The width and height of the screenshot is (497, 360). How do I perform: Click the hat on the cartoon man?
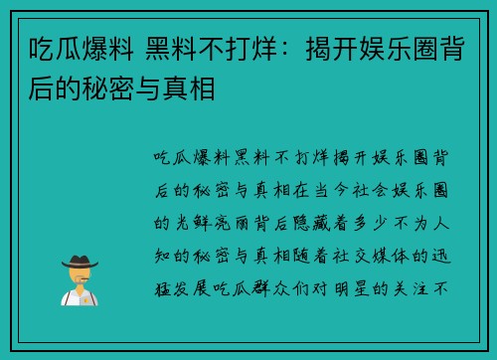80,262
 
